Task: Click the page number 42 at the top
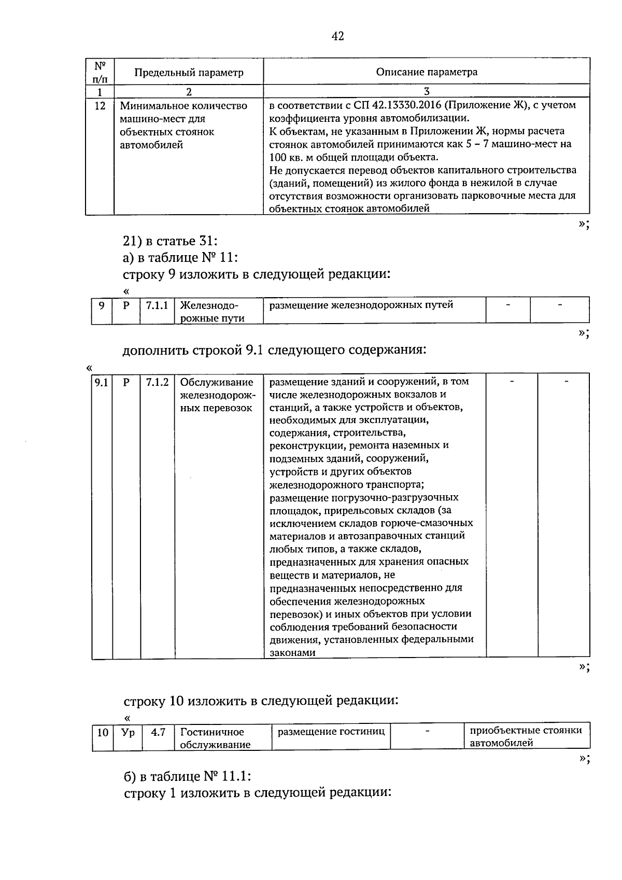click(337, 36)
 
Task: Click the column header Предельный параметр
click(189, 73)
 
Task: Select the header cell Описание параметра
click(427, 72)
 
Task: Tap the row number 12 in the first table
click(100, 106)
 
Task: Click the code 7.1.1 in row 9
click(157, 305)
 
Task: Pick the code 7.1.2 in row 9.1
click(157, 383)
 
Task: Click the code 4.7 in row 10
click(158, 732)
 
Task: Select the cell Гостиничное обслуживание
click(215, 738)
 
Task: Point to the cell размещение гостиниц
click(331, 732)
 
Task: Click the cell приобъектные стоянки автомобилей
click(526, 737)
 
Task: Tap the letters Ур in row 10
click(127, 732)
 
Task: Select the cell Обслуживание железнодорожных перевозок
click(216, 395)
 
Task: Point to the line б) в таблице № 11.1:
click(187, 776)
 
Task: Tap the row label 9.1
click(102, 383)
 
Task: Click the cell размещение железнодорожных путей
click(361, 305)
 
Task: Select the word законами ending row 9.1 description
click(292, 653)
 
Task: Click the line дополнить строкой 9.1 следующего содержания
click(274, 350)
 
